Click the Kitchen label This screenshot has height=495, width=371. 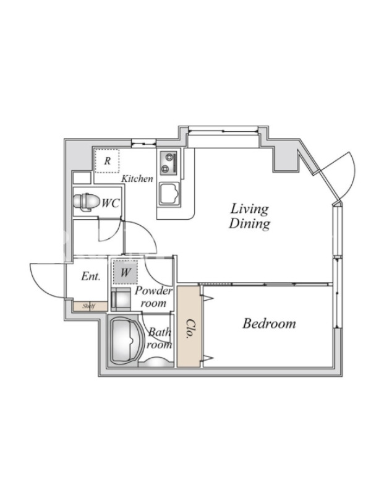[x=137, y=179]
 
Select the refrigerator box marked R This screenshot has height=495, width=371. [x=107, y=161]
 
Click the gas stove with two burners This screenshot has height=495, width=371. [x=169, y=163]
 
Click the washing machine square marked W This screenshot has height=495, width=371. [x=126, y=272]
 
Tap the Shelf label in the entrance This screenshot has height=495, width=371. [x=88, y=306]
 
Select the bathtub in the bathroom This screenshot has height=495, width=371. [x=125, y=342]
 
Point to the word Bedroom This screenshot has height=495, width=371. [x=269, y=324]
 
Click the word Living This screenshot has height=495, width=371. [x=249, y=209]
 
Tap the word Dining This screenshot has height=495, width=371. [x=249, y=223]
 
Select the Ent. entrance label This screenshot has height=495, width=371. [x=90, y=277]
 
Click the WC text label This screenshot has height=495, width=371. [x=110, y=203]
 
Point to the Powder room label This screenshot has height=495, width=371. [x=153, y=297]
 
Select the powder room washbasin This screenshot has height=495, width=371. [x=121, y=299]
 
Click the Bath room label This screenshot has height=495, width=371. [x=160, y=338]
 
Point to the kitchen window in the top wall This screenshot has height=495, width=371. [x=143, y=144]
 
